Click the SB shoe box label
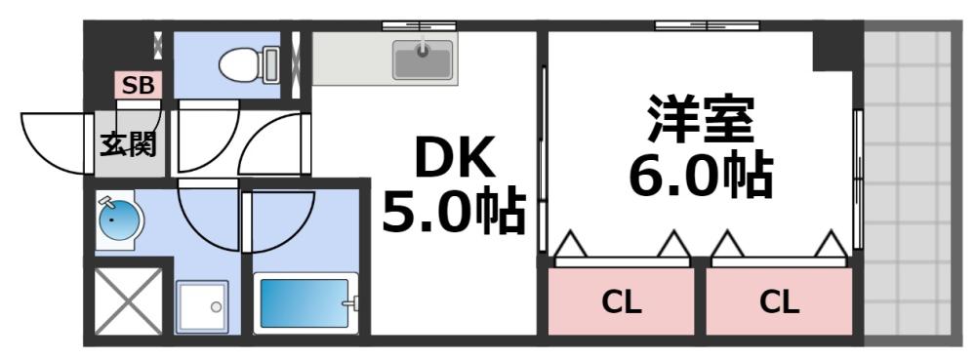coord(138,85)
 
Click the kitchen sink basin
coord(424,61)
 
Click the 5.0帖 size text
coord(452,213)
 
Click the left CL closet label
coord(621,302)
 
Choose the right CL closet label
coord(779,302)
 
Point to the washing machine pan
coord(201,307)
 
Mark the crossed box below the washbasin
coord(129,301)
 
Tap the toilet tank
coord(270,64)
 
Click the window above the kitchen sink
coord(420,24)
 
